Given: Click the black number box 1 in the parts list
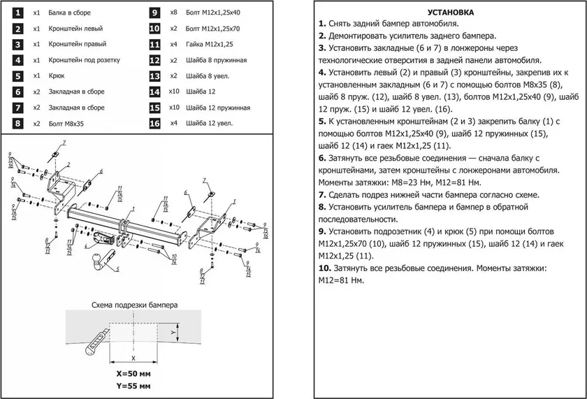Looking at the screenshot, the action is (17, 13).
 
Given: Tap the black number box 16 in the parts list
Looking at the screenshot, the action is (154, 124).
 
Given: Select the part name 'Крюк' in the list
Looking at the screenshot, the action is (57, 75).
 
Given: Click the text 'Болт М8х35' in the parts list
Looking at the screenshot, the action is (66, 124).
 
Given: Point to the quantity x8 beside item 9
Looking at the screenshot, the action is (174, 13).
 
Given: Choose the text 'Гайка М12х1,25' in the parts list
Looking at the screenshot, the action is (209, 44).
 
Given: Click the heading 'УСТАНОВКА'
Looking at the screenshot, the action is (450, 13).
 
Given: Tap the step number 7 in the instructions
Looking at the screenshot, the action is (322, 195).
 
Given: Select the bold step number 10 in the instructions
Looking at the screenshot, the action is (325, 268).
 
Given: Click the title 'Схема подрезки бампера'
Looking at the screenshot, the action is (135, 305).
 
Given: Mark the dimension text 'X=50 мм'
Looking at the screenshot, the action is (133, 374).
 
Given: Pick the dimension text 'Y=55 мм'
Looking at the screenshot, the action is (133, 386).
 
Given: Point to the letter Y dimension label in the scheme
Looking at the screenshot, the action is (173, 332).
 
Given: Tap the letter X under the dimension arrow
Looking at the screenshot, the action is (133, 358).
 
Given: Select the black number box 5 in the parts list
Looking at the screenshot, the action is (17, 76).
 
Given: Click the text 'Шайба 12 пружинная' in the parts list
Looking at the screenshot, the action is (218, 108).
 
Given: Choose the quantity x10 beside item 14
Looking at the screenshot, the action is (174, 92).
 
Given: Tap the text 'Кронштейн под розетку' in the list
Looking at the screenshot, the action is (85, 60).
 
